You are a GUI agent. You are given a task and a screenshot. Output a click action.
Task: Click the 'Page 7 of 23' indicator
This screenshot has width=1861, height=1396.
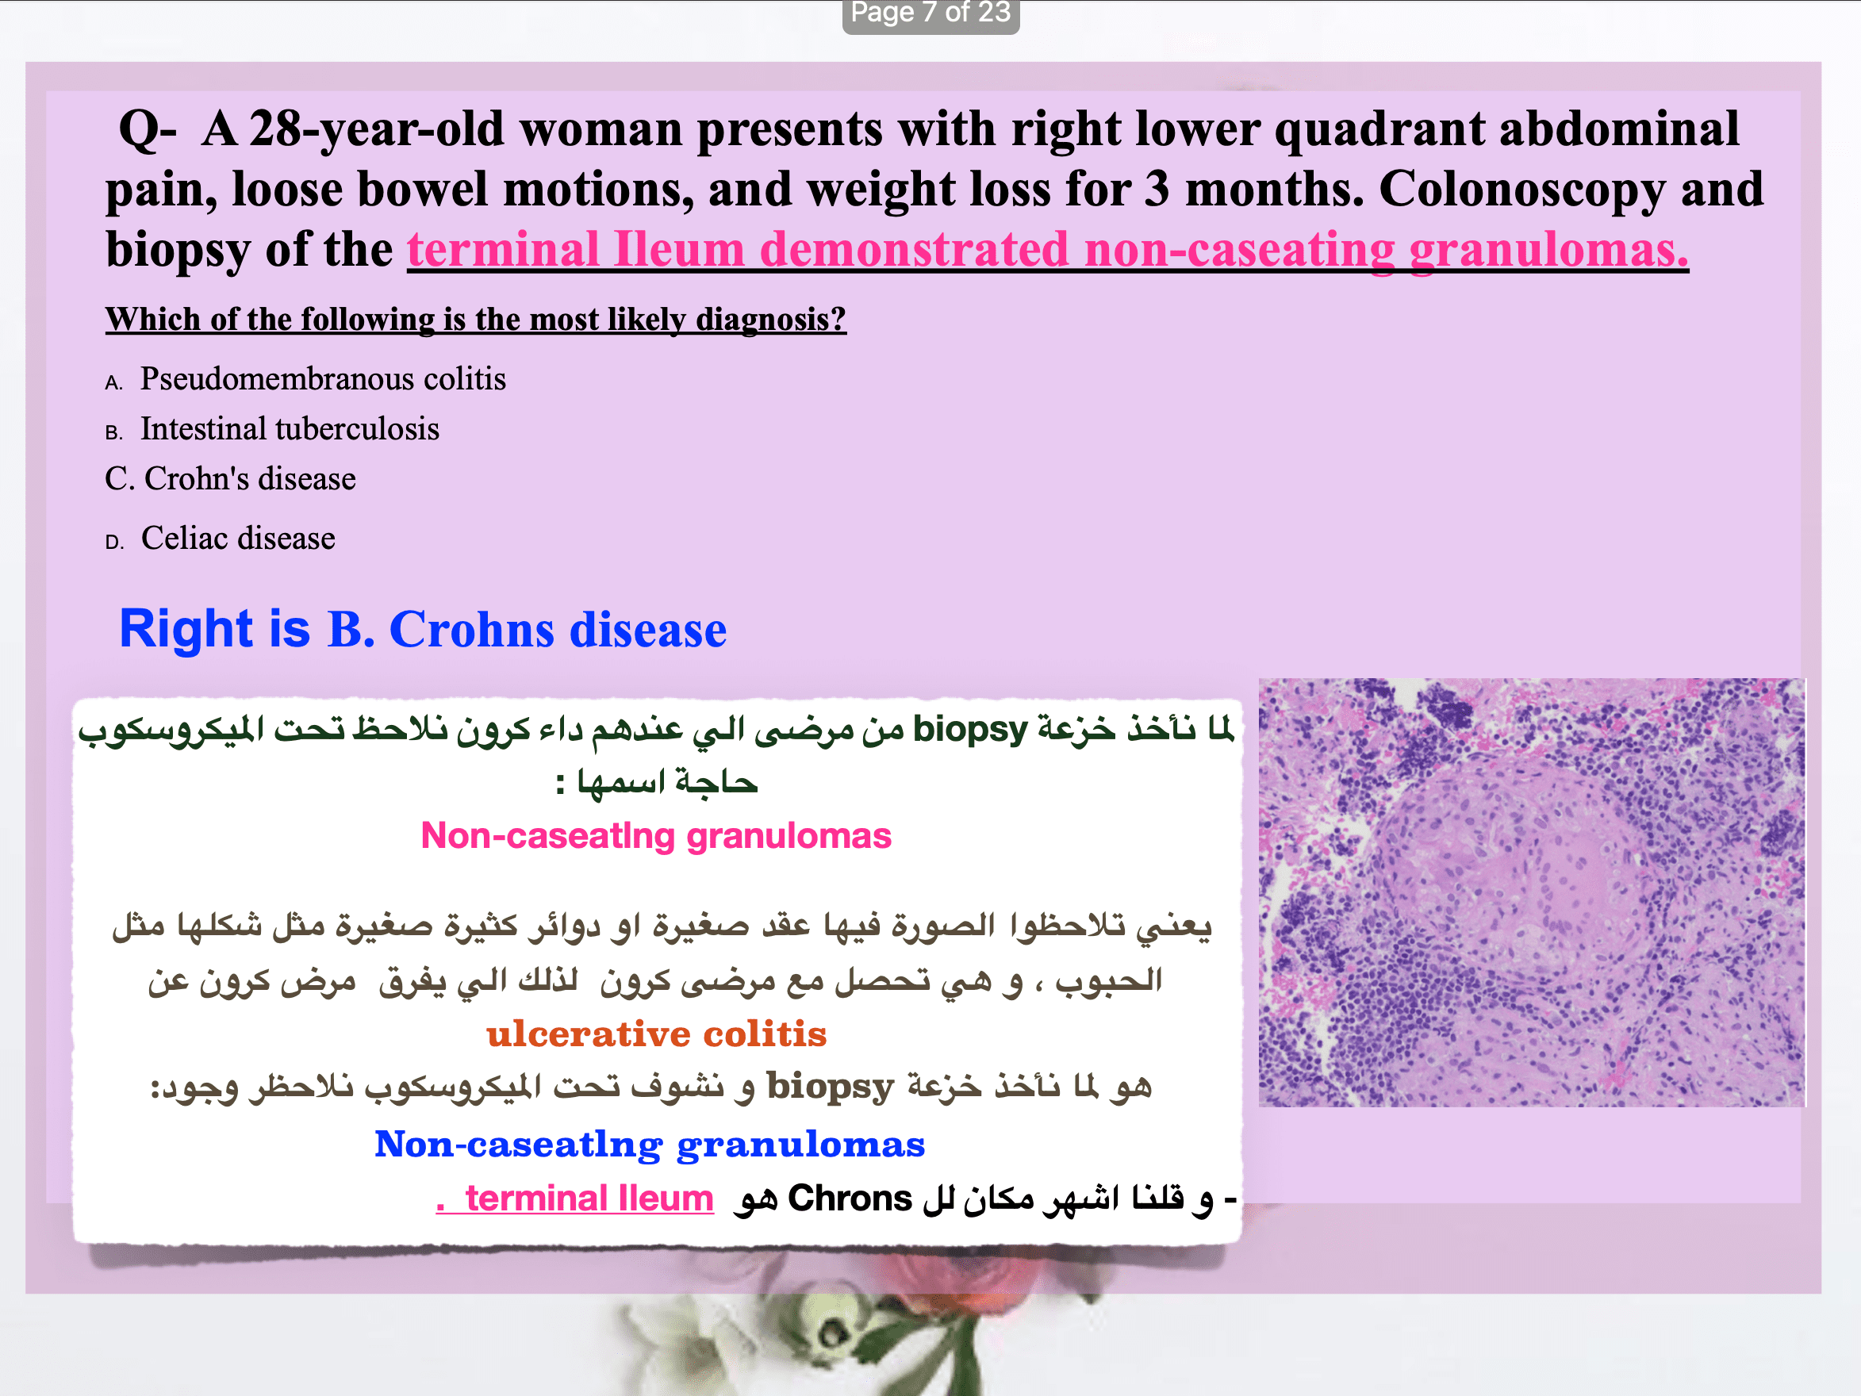click(930, 13)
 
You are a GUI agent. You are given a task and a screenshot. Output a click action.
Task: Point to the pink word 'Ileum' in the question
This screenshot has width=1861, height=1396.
click(679, 250)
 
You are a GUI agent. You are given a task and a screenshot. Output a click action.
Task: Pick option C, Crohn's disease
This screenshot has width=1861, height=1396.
click(231, 479)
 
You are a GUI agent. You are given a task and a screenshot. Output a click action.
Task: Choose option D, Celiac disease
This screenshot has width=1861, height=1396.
click(221, 539)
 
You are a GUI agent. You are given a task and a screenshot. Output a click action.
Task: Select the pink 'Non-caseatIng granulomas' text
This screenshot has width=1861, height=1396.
click(656, 835)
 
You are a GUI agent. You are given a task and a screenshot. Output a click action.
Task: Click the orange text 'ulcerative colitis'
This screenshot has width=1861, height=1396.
click(656, 1034)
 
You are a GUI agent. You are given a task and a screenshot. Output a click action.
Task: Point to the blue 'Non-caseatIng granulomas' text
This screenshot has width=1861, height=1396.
click(650, 1145)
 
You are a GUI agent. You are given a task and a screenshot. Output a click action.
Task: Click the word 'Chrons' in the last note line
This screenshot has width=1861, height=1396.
click(850, 1198)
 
